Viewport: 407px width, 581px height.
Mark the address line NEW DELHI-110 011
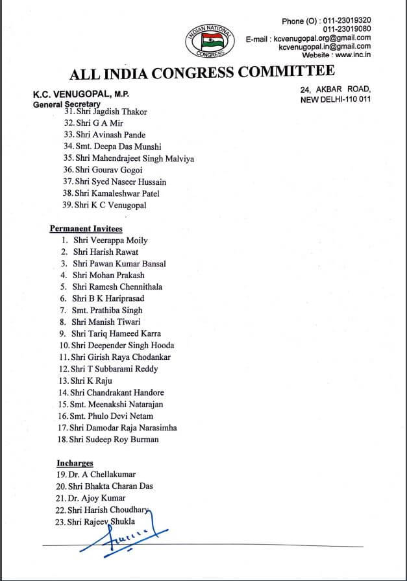pos(335,101)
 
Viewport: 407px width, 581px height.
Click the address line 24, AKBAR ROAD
pos(336,89)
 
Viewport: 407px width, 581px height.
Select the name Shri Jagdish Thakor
pos(111,112)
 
